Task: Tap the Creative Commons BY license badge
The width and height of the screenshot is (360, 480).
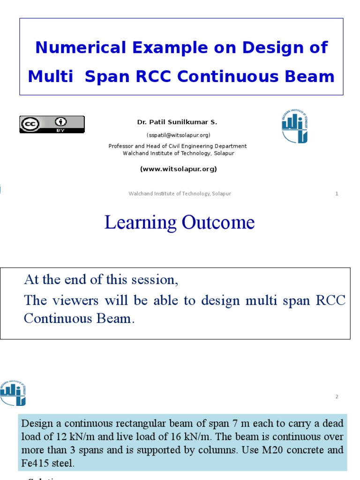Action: [52, 124]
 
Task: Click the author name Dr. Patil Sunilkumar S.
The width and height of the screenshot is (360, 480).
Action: [177, 122]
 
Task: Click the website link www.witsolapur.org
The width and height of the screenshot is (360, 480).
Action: [178, 169]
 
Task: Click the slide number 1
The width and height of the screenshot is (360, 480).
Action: [337, 194]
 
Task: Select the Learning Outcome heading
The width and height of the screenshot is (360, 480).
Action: [180, 222]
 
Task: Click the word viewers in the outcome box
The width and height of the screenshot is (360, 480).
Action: [74, 300]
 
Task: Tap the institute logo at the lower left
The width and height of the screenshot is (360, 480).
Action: [13, 393]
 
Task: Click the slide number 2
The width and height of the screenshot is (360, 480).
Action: [337, 397]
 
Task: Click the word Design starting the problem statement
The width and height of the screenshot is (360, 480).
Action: [37, 424]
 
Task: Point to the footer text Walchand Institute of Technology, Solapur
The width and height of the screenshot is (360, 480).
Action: [180, 194]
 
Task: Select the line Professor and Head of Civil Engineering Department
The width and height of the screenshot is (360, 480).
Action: [178, 146]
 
